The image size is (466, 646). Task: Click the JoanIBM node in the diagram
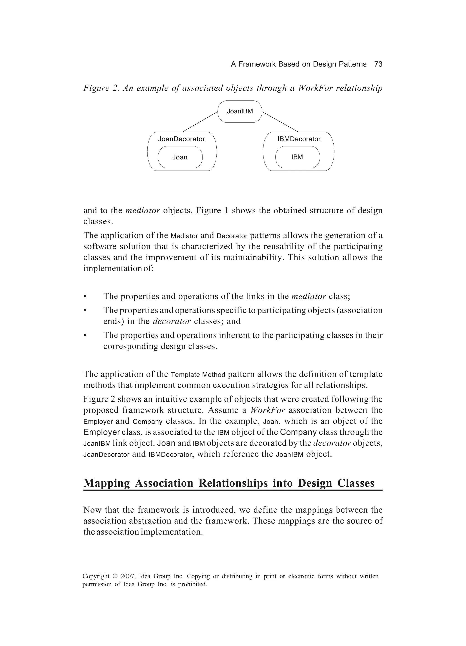tap(240, 111)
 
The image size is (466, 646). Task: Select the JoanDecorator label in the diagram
tap(181, 139)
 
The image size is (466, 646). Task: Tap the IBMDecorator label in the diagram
tap(299, 139)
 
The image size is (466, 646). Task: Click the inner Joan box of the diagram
tap(180, 157)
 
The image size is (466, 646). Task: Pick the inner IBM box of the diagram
tap(297, 157)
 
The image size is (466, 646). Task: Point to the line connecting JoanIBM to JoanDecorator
tap(200, 122)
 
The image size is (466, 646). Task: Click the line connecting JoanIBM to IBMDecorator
tap(280, 122)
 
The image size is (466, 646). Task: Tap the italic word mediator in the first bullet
tap(309, 296)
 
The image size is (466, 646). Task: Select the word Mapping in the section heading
tap(107, 483)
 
